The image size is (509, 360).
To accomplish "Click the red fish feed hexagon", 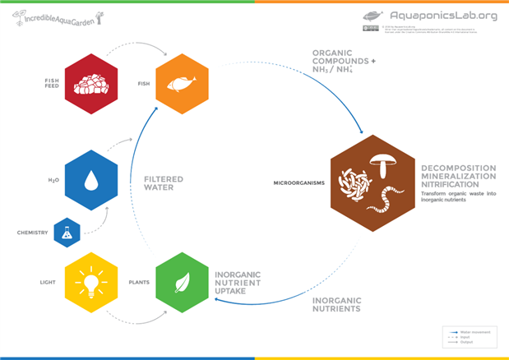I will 91,84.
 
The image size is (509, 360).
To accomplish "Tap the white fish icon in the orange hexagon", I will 181,84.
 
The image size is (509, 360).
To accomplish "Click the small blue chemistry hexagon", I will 67,233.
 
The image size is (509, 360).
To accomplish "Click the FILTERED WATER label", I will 163,183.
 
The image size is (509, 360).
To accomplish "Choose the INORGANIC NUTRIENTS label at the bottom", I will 336,304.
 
